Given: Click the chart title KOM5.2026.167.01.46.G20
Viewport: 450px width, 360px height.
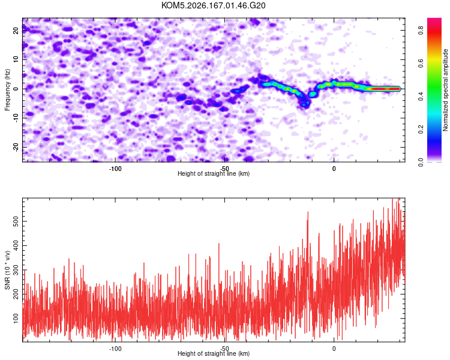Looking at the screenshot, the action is click(x=213, y=5).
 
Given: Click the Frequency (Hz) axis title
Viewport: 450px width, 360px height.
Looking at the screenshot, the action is click(x=7, y=90).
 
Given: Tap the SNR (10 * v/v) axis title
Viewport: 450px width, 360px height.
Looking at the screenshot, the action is click(x=7, y=270).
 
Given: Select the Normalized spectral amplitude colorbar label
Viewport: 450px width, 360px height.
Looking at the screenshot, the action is click(x=445, y=90).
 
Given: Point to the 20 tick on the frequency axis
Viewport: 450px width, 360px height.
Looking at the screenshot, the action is click(x=16, y=31).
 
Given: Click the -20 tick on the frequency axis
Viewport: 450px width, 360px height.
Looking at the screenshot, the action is click(x=16, y=147).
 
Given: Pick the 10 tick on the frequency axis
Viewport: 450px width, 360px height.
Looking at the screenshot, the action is click(x=16, y=59).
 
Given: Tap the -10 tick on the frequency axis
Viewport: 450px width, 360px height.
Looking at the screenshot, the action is click(x=16, y=118).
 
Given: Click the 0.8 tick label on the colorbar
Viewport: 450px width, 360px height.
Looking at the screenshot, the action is click(x=421, y=30).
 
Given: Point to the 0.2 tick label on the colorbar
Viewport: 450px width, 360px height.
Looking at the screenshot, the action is click(x=421, y=129).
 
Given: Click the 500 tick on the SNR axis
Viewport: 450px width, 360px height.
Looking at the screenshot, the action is click(x=16, y=221).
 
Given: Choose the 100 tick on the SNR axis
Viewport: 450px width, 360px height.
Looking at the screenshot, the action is click(x=16, y=318).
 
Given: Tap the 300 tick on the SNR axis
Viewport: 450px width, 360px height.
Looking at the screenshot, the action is click(x=16, y=270).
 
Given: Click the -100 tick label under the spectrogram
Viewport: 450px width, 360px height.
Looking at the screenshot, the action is click(x=115, y=169).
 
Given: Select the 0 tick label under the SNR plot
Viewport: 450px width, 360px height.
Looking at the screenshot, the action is click(x=334, y=349).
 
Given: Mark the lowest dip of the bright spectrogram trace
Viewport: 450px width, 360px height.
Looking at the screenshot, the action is click(x=304, y=105).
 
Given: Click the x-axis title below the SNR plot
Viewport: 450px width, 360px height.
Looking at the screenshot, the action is click(x=214, y=353).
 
